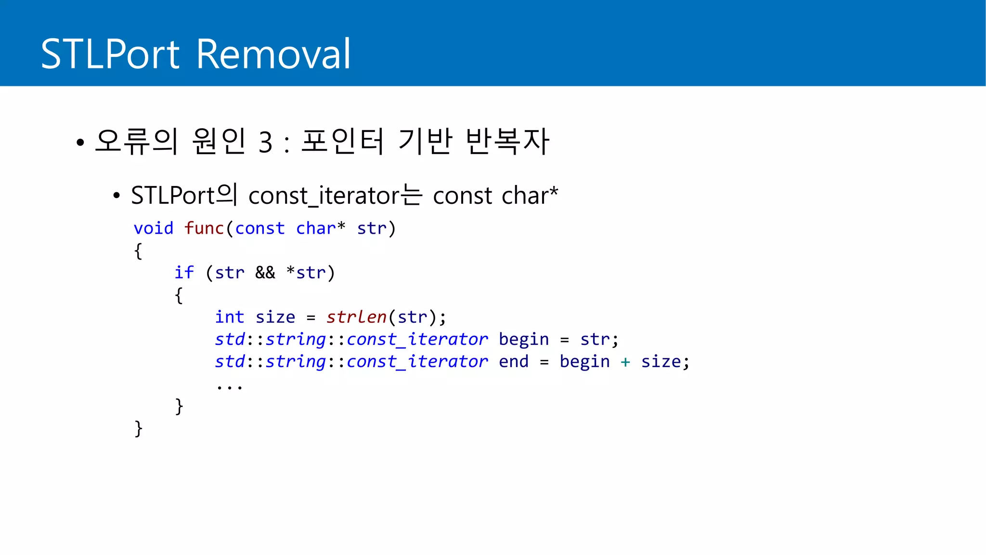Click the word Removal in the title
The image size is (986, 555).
[273, 54]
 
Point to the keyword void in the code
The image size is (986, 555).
[153, 228]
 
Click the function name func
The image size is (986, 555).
[204, 228]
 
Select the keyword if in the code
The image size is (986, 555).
[184, 273]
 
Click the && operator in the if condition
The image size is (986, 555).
[265, 273]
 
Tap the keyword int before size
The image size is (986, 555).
[229, 317]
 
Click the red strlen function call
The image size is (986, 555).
[356, 317]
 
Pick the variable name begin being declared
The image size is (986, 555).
[523, 340]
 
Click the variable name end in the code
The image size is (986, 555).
[513, 362]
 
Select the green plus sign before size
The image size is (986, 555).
[625, 362]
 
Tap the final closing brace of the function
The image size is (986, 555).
[138, 428]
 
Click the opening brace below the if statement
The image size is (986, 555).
[179, 295]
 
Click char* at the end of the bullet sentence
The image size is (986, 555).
[529, 196]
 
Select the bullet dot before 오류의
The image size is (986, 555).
[80, 143]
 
